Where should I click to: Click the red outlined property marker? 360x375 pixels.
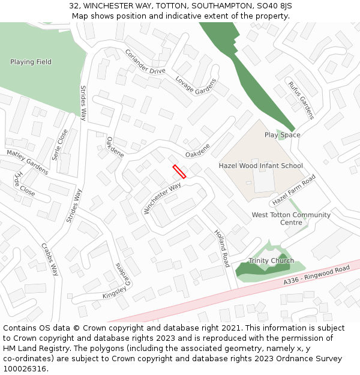(x=179, y=172)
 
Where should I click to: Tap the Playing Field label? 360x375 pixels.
(x=31, y=62)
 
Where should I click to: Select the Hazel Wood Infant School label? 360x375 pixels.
(x=260, y=166)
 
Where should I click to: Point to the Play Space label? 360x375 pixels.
(x=282, y=135)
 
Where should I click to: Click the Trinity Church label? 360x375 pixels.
(x=271, y=260)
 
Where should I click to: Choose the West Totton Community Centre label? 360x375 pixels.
(x=291, y=218)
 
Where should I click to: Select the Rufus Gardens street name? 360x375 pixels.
(x=301, y=100)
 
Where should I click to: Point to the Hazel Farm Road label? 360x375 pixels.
(x=294, y=190)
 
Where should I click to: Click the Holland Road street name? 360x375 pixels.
(x=222, y=248)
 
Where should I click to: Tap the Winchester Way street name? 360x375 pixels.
(x=162, y=199)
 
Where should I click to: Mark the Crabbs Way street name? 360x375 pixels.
(x=50, y=259)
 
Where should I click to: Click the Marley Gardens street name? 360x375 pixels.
(x=28, y=162)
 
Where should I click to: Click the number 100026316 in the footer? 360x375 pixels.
(x=26, y=369)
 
